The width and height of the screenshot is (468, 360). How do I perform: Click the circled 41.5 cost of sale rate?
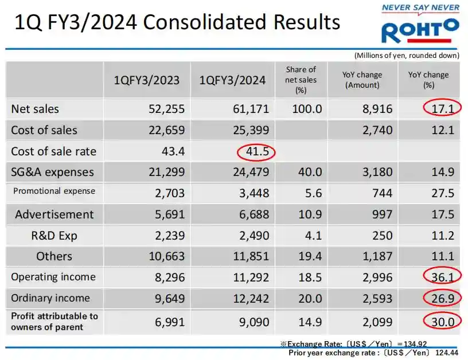[256, 151]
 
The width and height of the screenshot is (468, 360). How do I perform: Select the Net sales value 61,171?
[250, 109]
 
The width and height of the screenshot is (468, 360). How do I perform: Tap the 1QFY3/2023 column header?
[146, 80]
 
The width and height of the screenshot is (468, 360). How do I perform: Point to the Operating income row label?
[54, 277]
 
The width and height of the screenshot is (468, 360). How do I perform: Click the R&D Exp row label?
[54, 235]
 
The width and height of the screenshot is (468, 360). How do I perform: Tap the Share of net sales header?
[301, 80]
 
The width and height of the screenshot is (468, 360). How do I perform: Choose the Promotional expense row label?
[54, 191]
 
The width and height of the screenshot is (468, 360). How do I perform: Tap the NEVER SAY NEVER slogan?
[421, 7]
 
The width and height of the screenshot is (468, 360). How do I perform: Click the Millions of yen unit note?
[406, 55]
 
